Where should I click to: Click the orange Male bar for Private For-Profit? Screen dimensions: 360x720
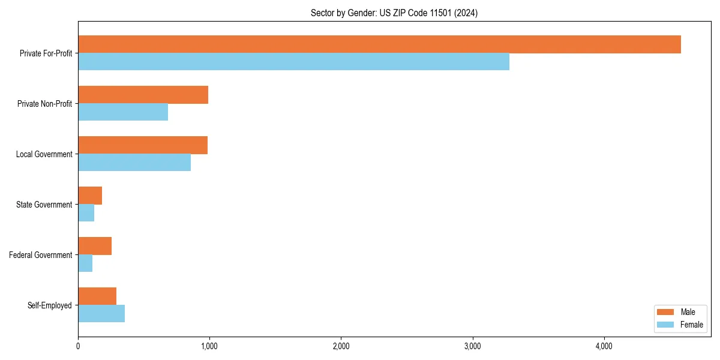point(379,44)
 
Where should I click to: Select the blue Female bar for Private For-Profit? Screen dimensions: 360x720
point(293,62)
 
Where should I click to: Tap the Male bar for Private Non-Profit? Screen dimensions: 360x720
point(143,95)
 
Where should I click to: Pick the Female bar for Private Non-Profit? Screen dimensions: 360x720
point(123,112)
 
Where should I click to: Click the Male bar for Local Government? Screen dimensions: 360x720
point(143,145)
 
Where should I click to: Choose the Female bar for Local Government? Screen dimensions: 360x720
point(134,163)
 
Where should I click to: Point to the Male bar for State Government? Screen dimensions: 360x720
point(90,196)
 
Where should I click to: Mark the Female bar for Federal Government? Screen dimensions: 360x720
point(85,263)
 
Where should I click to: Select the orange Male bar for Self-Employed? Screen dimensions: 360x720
point(97,296)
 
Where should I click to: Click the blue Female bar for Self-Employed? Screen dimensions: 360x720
point(101,314)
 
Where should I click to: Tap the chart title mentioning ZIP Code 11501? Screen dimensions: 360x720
point(394,13)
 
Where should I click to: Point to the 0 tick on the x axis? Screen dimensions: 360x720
point(78,346)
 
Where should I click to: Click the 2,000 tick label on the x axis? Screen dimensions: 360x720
point(341,346)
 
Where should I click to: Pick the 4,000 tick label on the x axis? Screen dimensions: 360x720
point(604,346)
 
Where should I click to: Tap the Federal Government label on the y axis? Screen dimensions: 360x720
point(41,255)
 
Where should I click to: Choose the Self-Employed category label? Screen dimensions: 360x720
point(50,305)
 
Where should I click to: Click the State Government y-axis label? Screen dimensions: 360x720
point(44,205)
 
